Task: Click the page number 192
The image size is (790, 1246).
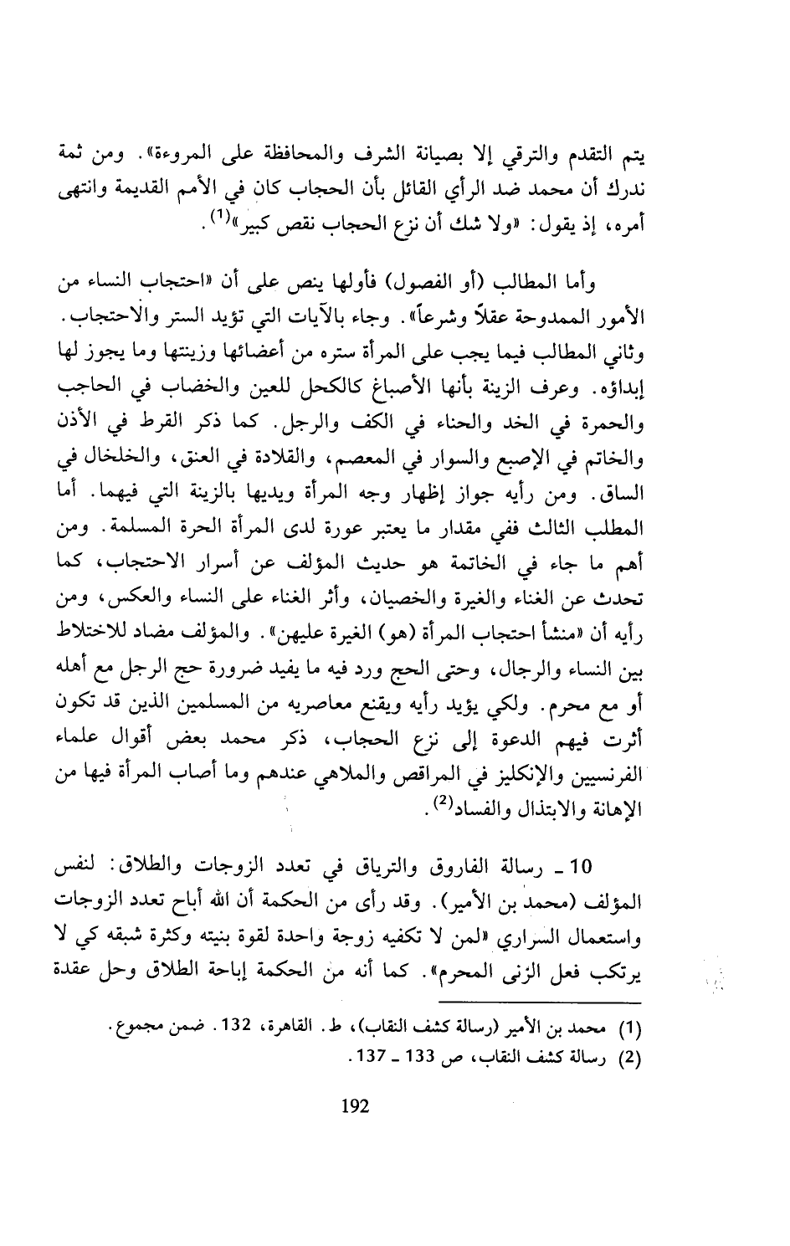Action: pyautogui.click(x=356, y=1105)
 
